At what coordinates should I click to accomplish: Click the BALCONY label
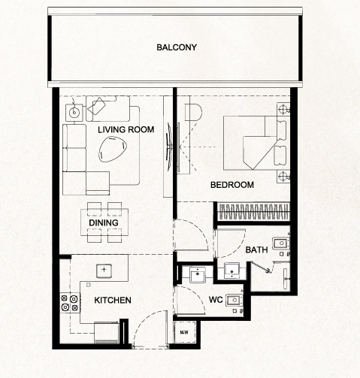pyautogui.click(x=177, y=47)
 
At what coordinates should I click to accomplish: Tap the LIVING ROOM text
pyautogui.click(x=126, y=129)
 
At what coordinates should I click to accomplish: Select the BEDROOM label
pyautogui.click(x=232, y=185)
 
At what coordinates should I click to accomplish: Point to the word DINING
pyautogui.click(x=104, y=222)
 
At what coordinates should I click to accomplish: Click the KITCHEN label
pyautogui.click(x=113, y=300)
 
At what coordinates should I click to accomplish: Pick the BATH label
pyautogui.click(x=256, y=249)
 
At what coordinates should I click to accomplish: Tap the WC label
pyautogui.click(x=216, y=300)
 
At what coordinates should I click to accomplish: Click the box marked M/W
pyautogui.click(x=185, y=332)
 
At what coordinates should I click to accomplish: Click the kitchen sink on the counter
pyautogui.click(x=104, y=271)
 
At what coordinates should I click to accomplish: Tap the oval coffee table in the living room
pyautogui.click(x=113, y=149)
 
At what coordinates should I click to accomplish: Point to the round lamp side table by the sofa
pyautogui.click(x=74, y=113)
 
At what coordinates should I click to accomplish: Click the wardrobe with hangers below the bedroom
pyautogui.click(x=253, y=212)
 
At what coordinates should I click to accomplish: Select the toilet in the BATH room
pyautogui.click(x=281, y=243)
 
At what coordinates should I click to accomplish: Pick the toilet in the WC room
pyautogui.click(x=234, y=300)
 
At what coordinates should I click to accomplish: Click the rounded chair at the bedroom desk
pyautogui.click(x=193, y=112)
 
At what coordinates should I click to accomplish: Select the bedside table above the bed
pyautogui.click(x=283, y=109)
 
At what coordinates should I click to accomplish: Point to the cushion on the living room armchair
pyautogui.click(x=96, y=106)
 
